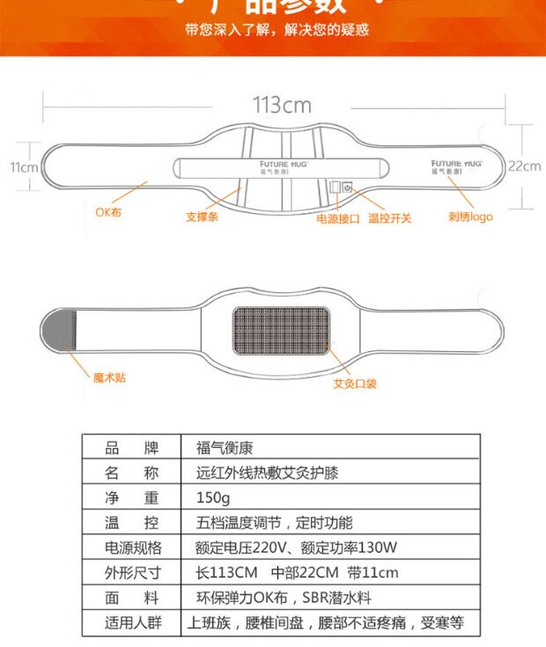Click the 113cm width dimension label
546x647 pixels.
click(282, 105)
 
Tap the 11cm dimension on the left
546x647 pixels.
click(24, 167)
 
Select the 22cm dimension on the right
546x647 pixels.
click(524, 165)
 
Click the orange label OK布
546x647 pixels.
click(108, 212)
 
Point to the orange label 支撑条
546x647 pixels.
click(202, 217)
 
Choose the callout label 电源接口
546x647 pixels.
click(338, 217)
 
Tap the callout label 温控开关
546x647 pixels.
click(389, 217)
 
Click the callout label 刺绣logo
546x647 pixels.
click(470, 217)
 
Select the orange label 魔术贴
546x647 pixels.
click(109, 377)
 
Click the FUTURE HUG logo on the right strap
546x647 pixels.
click(455, 166)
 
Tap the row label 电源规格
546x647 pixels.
click(134, 548)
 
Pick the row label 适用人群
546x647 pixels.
click(134, 623)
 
